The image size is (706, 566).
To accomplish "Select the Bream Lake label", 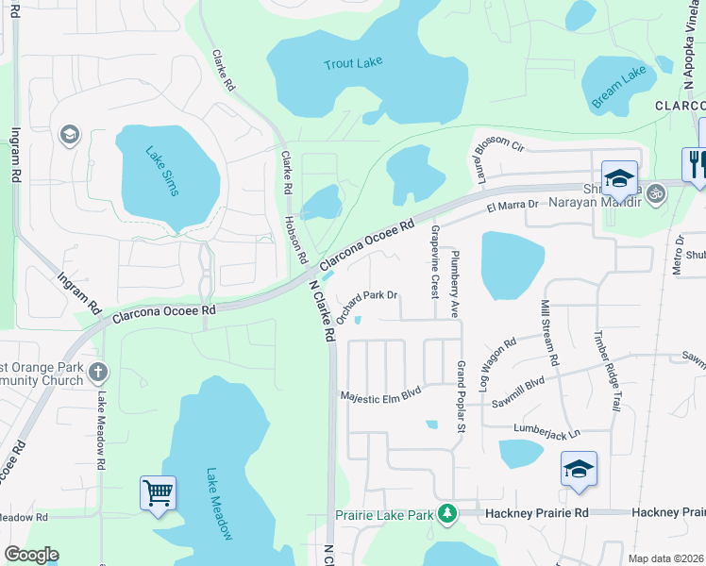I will tap(620, 85).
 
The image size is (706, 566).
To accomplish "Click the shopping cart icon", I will tap(158, 491).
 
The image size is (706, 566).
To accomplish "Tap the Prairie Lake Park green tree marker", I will tap(452, 514).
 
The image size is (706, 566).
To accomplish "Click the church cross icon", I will tap(97, 371).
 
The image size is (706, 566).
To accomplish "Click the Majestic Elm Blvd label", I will tap(380, 396).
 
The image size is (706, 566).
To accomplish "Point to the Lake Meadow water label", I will tap(219, 504).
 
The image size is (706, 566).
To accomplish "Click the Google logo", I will tap(31, 555).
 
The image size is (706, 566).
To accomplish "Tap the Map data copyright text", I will tap(666, 558).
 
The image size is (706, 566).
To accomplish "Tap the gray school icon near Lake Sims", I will tap(68, 136).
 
